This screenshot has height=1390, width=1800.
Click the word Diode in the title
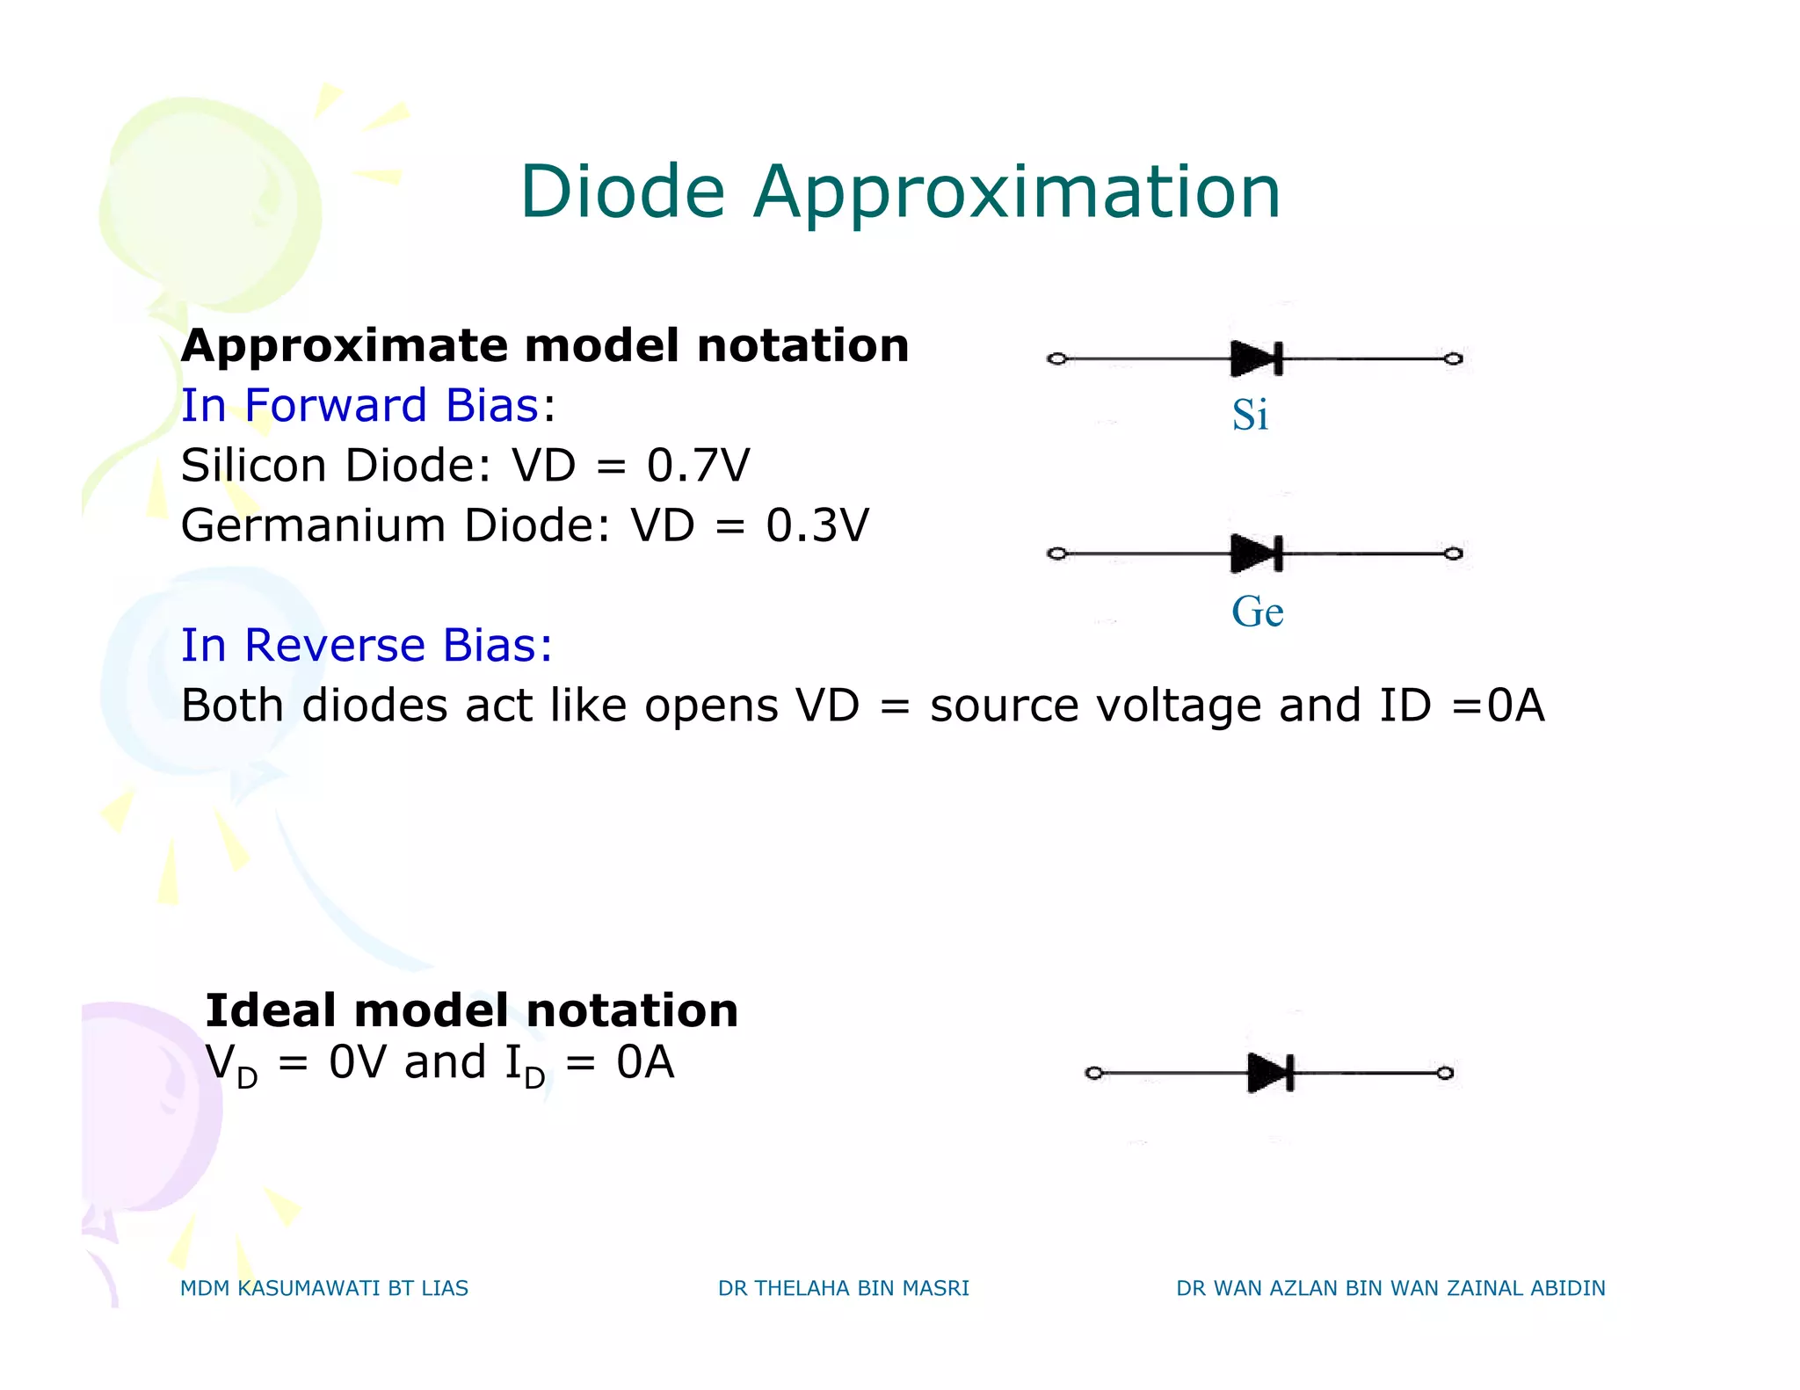tap(622, 192)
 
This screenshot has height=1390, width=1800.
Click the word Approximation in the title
tap(1017, 193)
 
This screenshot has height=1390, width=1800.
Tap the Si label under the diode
tap(1250, 415)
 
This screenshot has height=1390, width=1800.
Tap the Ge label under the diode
tap(1257, 612)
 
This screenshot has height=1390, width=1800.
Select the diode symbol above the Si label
tap(1257, 358)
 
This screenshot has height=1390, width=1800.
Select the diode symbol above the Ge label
tap(1257, 554)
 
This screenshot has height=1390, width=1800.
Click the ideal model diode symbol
tap(1271, 1073)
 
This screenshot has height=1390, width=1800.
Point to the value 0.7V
tap(698, 465)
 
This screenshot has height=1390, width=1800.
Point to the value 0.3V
tap(817, 525)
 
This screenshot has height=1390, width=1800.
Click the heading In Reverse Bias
tap(367, 645)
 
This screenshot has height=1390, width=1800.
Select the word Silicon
tap(253, 465)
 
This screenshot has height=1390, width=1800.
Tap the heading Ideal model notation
tap(471, 1010)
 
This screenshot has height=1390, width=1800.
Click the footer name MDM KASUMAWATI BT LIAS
tap(323, 1288)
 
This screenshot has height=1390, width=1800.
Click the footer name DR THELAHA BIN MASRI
tap(843, 1288)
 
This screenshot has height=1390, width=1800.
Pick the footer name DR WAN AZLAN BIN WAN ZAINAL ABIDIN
tap(1390, 1288)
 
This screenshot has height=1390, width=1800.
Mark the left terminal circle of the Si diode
tap(1057, 358)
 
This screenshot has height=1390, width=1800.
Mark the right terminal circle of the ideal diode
tap(1445, 1073)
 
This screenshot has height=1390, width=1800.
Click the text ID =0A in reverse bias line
tap(1461, 706)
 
